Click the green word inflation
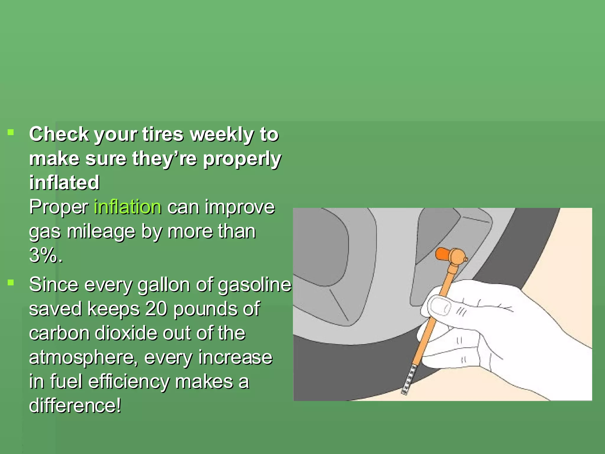point(128,207)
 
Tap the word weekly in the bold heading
point(222,135)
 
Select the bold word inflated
point(64,182)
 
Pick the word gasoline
point(255,285)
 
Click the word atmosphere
point(83,357)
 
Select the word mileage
point(101,231)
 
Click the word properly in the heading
point(242,159)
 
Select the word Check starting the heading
point(59,135)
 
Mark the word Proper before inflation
point(59,207)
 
